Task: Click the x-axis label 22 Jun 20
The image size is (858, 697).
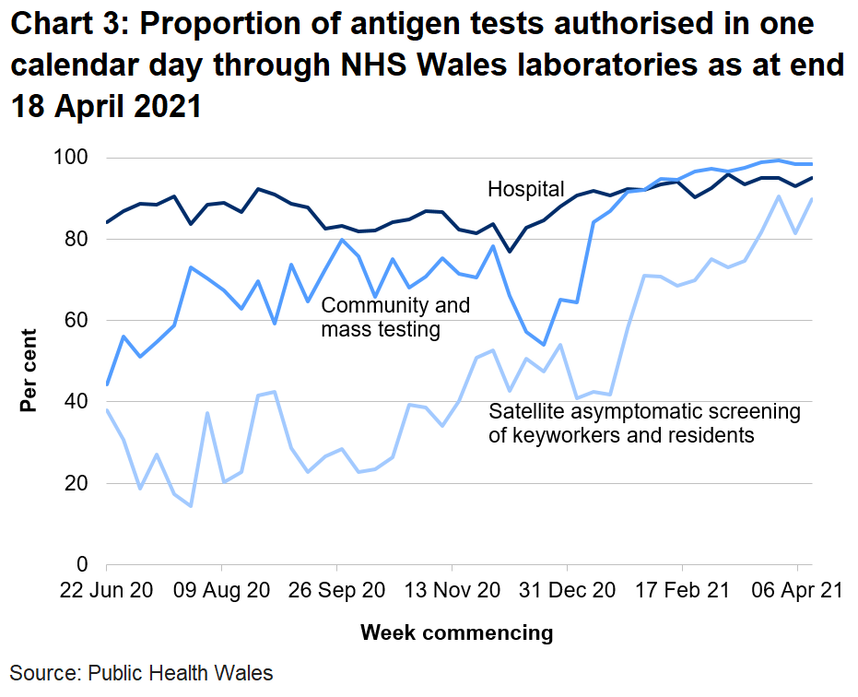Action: tap(107, 590)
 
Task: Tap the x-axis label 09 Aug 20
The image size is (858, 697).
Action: tap(222, 590)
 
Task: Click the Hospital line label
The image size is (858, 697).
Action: tap(525, 190)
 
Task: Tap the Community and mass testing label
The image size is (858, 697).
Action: tap(394, 316)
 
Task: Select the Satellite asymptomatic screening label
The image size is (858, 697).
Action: tap(644, 422)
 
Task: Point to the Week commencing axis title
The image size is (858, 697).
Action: tap(456, 632)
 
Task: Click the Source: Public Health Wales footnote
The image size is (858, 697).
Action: tap(142, 673)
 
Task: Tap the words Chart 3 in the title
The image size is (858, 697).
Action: tap(69, 26)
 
